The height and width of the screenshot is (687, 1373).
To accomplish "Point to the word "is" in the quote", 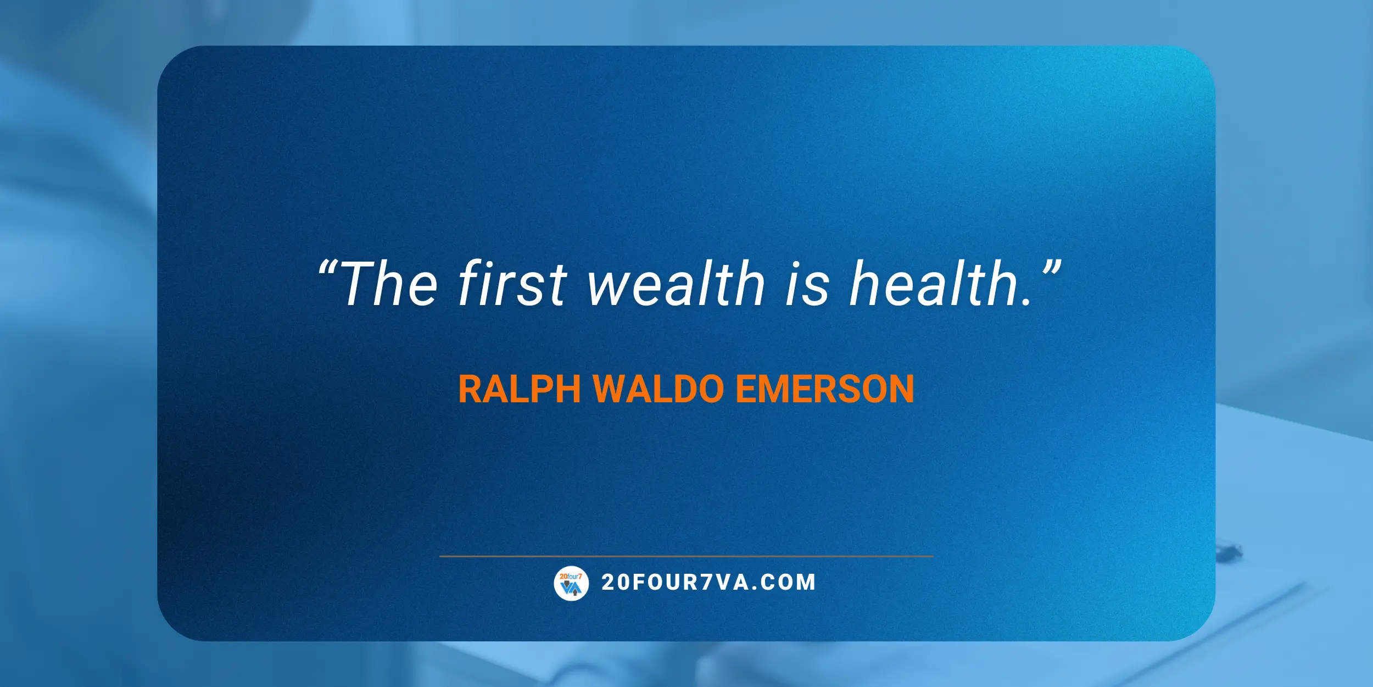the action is coord(807,284).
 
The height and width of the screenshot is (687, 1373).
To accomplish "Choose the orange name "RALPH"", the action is coord(520,389).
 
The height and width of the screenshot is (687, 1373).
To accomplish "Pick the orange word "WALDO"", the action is coord(659,389).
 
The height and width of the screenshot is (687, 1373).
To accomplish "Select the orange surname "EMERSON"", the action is coord(825,389).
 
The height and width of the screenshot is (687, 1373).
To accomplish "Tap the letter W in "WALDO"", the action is coord(614,389).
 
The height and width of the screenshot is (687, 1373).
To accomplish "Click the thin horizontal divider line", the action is coord(686,556).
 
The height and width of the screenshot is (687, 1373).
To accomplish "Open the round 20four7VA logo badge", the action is coord(571,583).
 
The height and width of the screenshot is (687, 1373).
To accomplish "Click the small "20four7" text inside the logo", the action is coord(571,576).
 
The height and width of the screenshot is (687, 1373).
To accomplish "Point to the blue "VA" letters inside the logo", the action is coord(571,589).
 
